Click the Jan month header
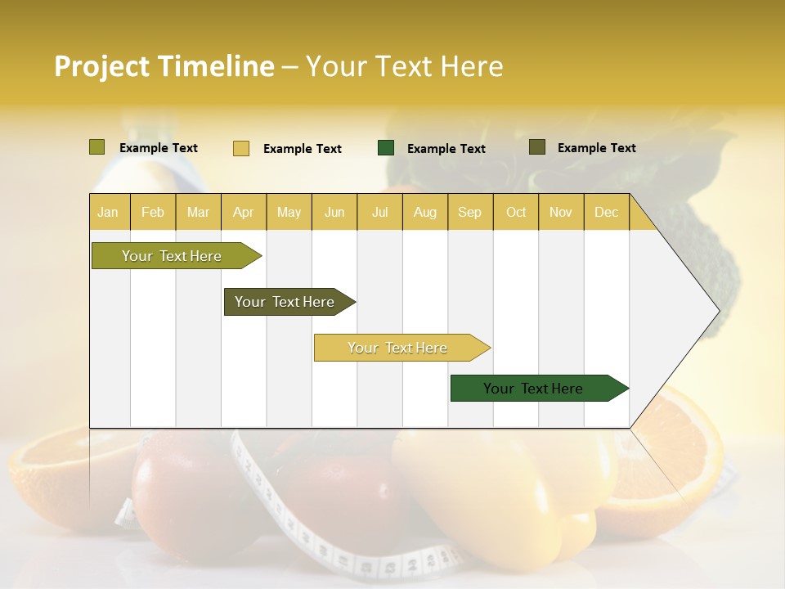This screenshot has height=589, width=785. coord(109,212)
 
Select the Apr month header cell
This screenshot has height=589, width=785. coord(244,212)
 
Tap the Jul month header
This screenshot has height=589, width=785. coord(379,212)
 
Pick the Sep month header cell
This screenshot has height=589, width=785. coord(470,212)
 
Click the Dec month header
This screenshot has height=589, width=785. coord(606,212)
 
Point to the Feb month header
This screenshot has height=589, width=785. coord(153,212)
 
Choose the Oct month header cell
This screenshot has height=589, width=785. coord(516,212)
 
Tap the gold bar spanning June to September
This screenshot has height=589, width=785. coord(398,348)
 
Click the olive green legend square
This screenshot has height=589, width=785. coord(97,147)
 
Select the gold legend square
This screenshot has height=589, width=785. coord(241,148)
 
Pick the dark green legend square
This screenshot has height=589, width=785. coord(386,148)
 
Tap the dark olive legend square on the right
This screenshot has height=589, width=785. coord(537,147)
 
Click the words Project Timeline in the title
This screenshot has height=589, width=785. coord(164,66)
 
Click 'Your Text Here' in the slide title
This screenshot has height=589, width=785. coord(405,66)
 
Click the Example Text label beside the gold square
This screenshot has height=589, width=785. coord(303,149)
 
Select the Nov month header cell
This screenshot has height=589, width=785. coord(561,212)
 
